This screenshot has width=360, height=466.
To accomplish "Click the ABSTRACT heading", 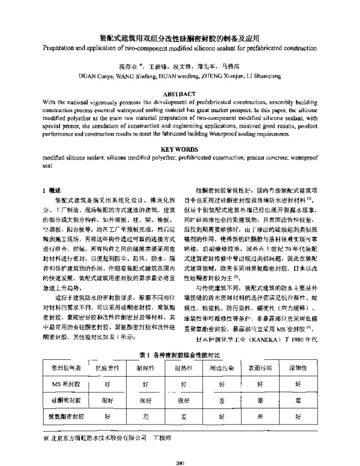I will coord(179,94).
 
